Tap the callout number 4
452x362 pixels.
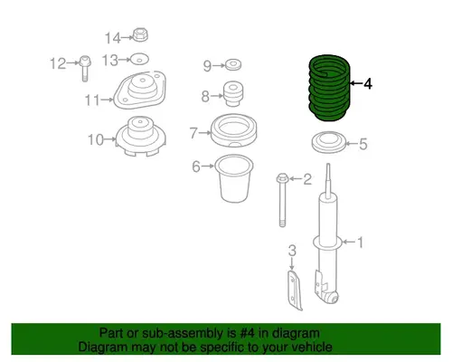click(x=368, y=83)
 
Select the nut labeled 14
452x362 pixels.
click(x=140, y=35)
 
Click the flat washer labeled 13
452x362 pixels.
click(x=139, y=59)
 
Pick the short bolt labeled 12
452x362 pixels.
click(x=85, y=69)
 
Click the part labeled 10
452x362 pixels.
click(x=141, y=137)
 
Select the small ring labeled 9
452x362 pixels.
click(x=233, y=65)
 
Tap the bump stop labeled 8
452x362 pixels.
click(x=233, y=93)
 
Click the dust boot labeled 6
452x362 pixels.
click(x=234, y=178)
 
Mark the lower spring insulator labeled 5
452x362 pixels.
click(x=329, y=142)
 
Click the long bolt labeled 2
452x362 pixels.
click(x=282, y=200)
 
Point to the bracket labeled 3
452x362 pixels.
click(x=295, y=291)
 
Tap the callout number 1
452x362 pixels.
click(x=360, y=243)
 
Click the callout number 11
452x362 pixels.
click(x=92, y=100)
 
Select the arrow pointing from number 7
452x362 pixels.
click(x=204, y=132)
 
